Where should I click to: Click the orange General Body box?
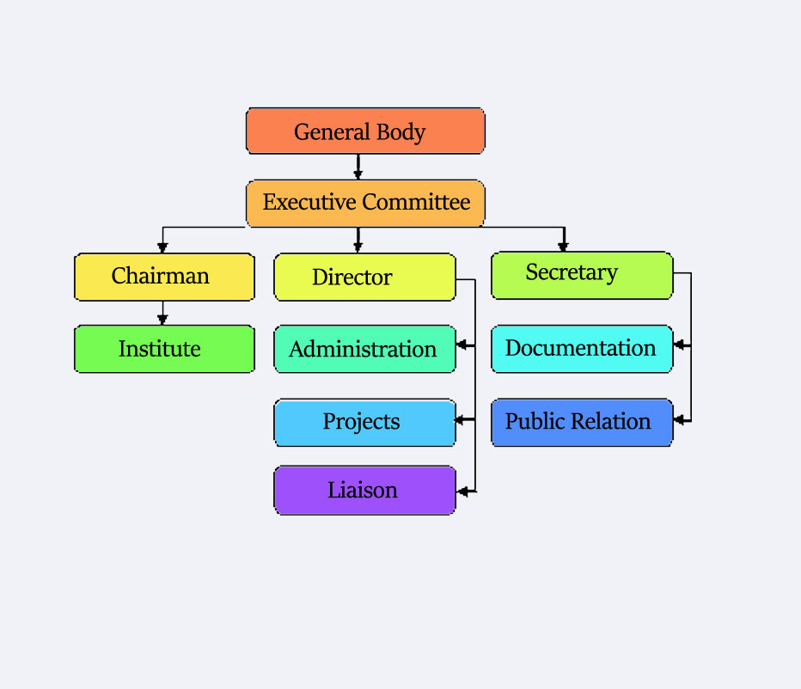[x=365, y=131]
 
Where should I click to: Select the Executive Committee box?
[x=365, y=204]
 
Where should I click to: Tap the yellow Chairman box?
[x=164, y=277]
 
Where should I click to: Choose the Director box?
[x=364, y=277]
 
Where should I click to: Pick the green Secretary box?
[x=582, y=275]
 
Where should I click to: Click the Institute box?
[x=164, y=349]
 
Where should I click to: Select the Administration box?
[x=364, y=349]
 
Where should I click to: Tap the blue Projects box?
[x=364, y=422]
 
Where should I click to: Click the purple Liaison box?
[x=364, y=491]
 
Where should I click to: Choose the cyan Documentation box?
[x=582, y=349]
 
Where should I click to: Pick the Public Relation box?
[x=582, y=422]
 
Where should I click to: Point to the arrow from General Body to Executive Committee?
[x=358, y=167]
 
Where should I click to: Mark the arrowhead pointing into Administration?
[x=462, y=345]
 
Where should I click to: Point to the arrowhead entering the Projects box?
[x=462, y=419]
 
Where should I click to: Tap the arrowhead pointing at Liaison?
[x=462, y=491]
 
